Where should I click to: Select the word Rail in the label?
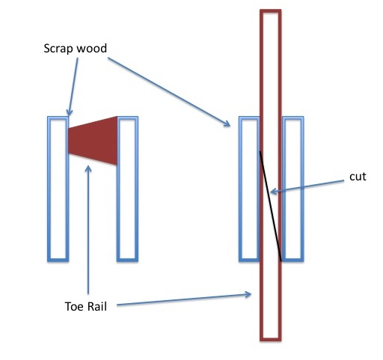97,306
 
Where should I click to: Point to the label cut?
358,177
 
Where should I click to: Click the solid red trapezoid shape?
93,141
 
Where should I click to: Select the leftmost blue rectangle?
58,189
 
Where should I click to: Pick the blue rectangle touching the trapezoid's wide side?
127,189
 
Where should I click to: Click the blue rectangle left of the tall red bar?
249,189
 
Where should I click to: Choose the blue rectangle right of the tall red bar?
293,189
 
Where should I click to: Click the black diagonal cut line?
271,206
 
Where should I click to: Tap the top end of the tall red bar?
271,11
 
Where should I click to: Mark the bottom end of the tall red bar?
271,339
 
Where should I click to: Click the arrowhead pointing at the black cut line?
273,192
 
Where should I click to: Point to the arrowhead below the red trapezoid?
88,168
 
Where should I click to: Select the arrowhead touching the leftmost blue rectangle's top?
69,113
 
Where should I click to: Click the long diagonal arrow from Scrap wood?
169,92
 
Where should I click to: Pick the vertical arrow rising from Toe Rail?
88,230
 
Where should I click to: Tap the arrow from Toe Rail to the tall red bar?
184,299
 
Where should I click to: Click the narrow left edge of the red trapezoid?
68,141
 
